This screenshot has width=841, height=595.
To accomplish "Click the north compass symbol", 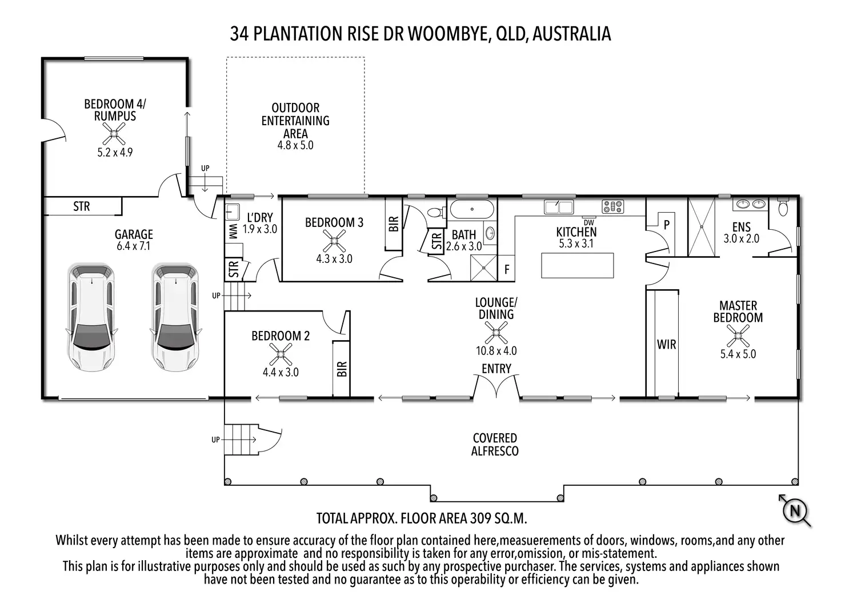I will [x=794, y=510].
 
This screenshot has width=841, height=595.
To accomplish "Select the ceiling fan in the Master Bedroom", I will [x=738, y=336].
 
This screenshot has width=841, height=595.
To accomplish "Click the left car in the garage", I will [x=91, y=317].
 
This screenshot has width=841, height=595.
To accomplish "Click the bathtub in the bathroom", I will [x=472, y=209].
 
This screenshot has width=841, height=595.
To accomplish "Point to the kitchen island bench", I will [x=577, y=265].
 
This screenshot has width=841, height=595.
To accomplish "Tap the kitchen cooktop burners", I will [x=612, y=206].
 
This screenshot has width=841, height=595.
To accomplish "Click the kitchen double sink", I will [x=558, y=206].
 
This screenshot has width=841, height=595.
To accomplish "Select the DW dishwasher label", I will [x=589, y=222].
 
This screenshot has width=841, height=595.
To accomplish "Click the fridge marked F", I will [x=507, y=269].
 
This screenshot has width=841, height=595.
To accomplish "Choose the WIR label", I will [x=666, y=345].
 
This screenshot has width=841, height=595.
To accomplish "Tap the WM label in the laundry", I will [x=233, y=231].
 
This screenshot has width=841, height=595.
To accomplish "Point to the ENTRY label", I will [x=496, y=369].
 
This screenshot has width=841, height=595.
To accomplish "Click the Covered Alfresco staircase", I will [x=242, y=440].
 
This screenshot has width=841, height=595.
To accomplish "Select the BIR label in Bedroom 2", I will [x=342, y=369].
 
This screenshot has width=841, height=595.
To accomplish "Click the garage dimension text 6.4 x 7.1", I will [x=133, y=246].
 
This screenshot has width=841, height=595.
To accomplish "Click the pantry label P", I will [x=666, y=225].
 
